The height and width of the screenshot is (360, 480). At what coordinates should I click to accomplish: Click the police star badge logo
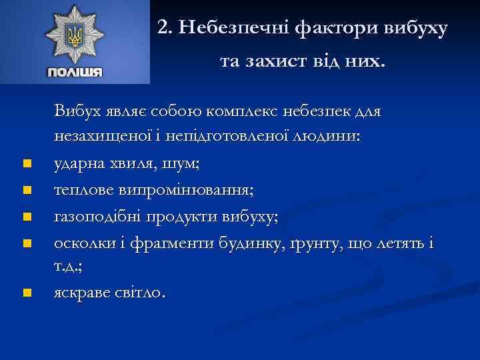point(75,35)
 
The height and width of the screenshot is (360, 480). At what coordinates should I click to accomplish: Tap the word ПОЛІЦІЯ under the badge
point(75,73)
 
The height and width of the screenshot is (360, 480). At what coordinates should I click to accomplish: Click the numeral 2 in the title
point(163,28)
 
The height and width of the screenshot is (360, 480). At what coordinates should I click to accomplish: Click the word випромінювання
point(190,189)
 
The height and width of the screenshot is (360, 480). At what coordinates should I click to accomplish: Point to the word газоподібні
point(94,216)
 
